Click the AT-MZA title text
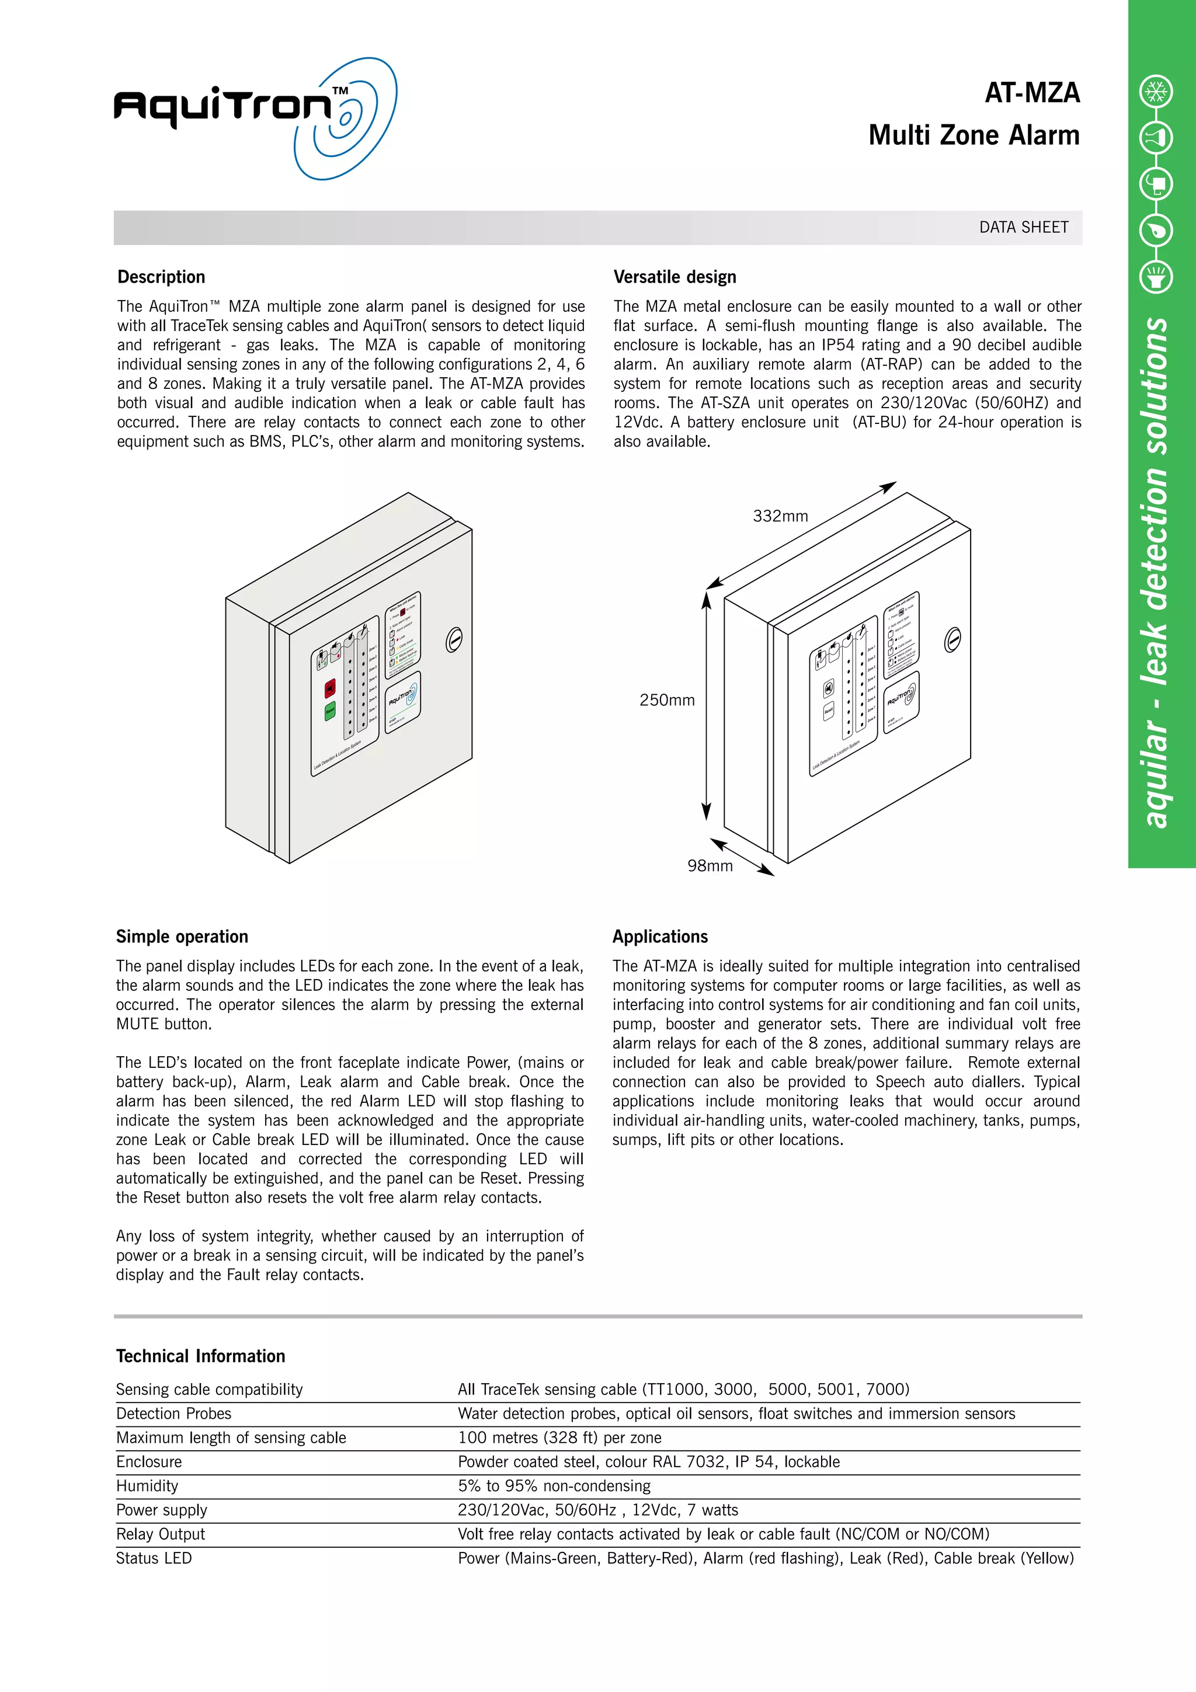click(x=1032, y=93)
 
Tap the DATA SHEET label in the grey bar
click(x=1023, y=228)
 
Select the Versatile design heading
click(x=675, y=277)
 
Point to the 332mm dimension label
click(x=780, y=517)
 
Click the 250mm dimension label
click(x=666, y=701)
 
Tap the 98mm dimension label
click(x=710, y=866)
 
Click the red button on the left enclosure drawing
click(x=330, y=688)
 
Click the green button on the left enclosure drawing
click(x=330, y=711)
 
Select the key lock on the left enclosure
click(x=454, y=640)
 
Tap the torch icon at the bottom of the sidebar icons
click(x=1156, y=278)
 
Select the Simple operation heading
click(x=182, y=936)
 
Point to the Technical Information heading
click(x=200, y=1356)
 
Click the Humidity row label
click(x=147, y=1486)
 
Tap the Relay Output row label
click(x=161, y=1534)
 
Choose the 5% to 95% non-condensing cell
click(x=554, y=1486)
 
